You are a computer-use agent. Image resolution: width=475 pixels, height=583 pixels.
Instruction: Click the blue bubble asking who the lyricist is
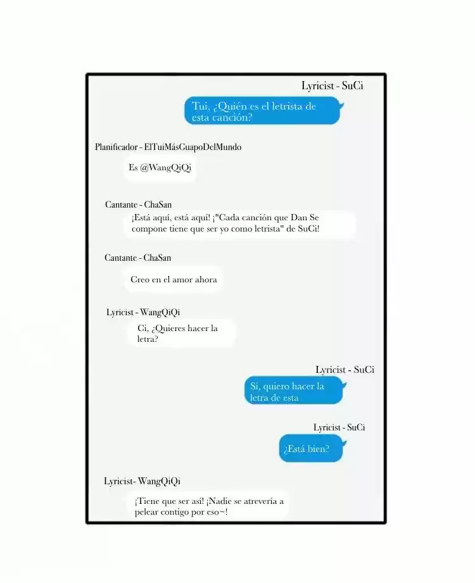(263, 110)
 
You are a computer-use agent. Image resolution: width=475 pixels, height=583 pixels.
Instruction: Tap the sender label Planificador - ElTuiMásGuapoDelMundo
(168, 147)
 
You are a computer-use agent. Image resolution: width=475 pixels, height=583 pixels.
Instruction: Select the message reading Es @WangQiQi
(160, 168)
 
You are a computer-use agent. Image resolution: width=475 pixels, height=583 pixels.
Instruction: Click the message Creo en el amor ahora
(174, 279)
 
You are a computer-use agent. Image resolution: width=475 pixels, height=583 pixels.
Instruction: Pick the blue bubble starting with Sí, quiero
(294, 391)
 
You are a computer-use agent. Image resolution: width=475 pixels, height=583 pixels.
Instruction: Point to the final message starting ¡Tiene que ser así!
(209, 506)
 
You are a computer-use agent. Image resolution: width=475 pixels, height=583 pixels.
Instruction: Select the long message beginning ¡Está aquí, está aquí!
(239, 223)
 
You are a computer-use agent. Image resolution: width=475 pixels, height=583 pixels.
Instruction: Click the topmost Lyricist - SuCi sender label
(332, 85)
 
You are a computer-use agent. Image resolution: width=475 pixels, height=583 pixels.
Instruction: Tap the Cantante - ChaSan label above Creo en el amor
(137, 258)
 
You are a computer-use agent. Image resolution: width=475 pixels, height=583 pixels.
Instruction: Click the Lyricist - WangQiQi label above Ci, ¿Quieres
(143, 312)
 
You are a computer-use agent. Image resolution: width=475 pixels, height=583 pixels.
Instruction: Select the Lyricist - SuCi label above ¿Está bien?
(339, 427)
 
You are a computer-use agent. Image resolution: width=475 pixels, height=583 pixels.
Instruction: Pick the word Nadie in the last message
(220, 501)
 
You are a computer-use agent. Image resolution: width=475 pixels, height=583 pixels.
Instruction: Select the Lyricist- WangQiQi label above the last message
(142, 480)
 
